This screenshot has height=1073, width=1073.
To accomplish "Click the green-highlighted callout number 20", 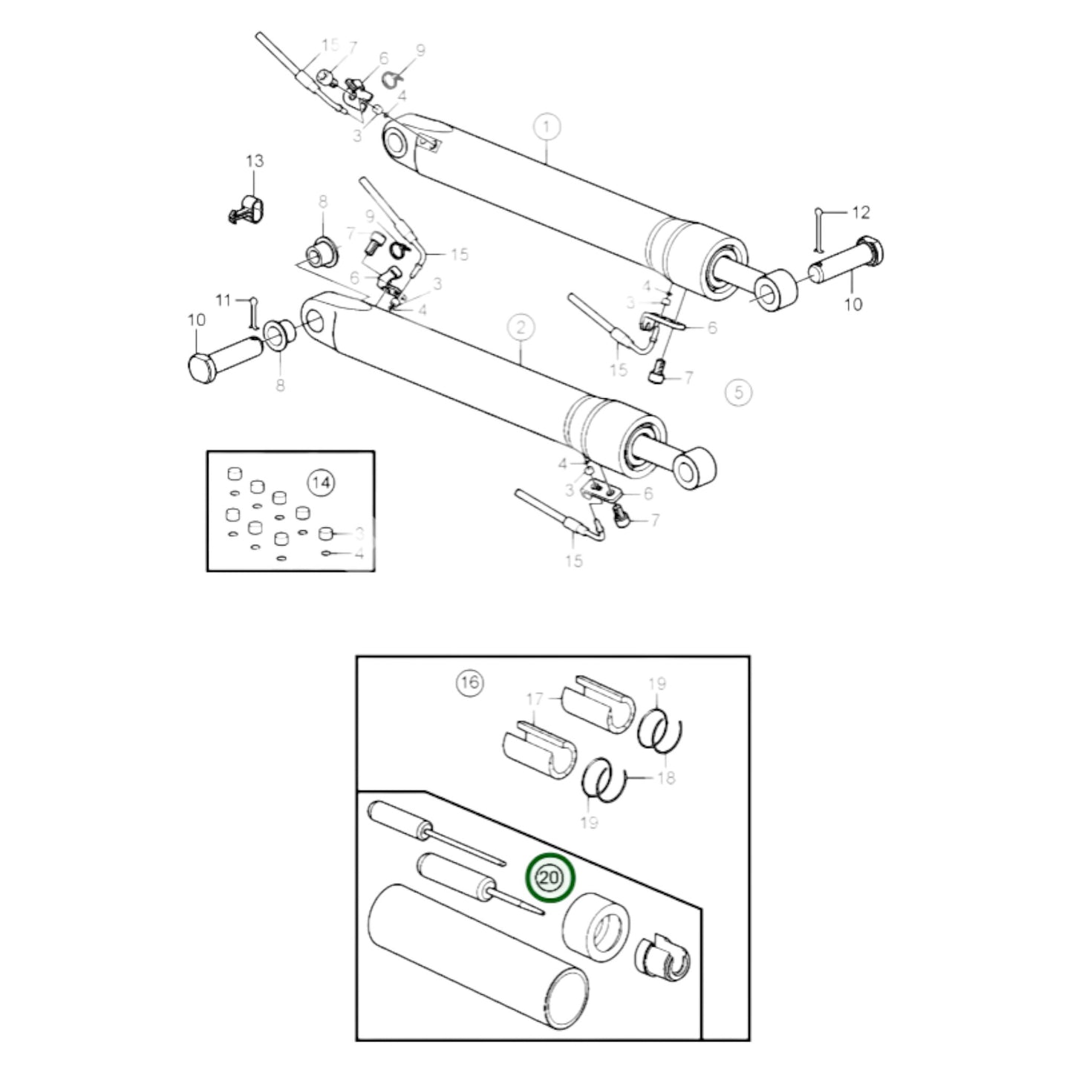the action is [549, 878].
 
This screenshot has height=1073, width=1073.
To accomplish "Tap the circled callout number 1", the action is [547, 128].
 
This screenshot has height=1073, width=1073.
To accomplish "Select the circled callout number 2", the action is [520, 327].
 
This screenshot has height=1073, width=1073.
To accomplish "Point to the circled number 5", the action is [738, 393].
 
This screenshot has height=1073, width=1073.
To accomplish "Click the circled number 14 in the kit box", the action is [322, 482].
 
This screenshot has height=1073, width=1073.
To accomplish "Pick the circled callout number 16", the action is [469, 682].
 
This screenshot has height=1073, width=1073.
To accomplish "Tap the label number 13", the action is [255, 161].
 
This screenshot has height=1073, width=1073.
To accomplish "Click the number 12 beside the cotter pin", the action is [861, 212].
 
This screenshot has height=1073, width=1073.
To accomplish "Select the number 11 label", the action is [224, 301].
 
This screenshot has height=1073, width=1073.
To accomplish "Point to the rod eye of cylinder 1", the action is [775, 290].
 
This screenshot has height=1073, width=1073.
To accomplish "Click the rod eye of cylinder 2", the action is [694, 468].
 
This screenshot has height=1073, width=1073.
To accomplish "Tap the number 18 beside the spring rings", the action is [666, 777].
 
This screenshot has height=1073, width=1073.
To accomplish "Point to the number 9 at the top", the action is [420, 50].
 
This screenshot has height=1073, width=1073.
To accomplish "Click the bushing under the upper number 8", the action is [322, 253].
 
